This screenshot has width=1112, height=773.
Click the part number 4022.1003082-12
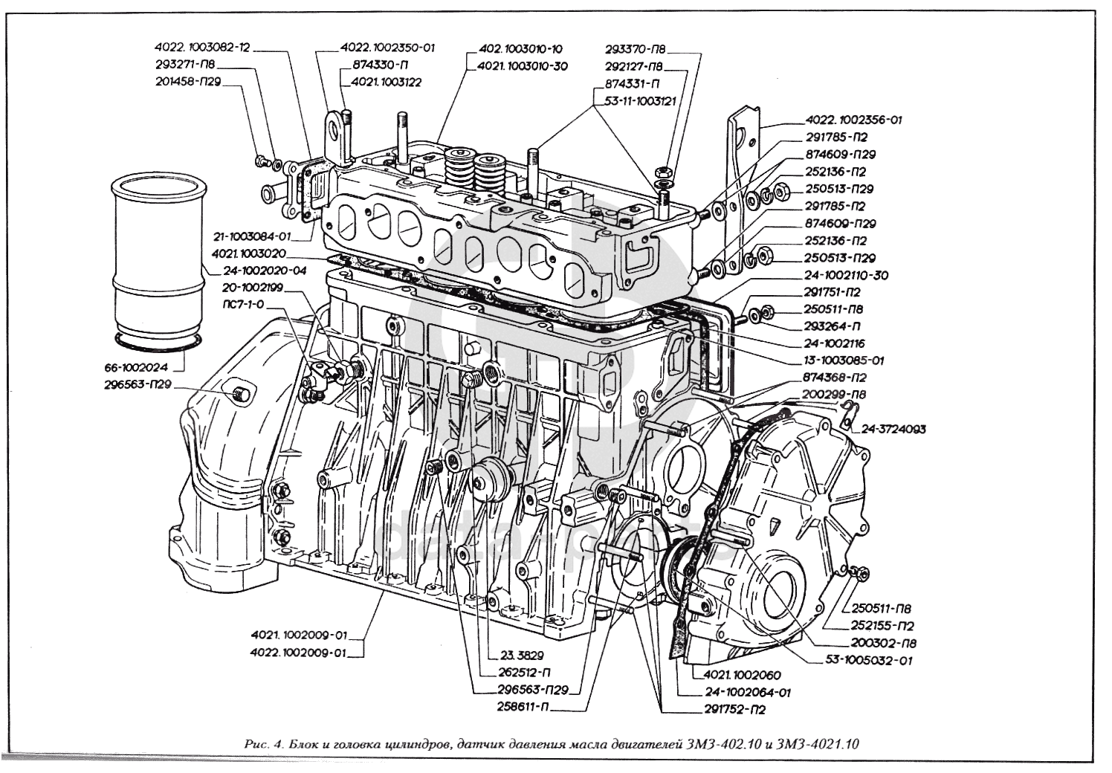point(201,48)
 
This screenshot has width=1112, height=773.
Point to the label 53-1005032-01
point(870,659)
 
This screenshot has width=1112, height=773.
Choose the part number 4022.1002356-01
point(853,120)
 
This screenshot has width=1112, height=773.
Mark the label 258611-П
point(522,702)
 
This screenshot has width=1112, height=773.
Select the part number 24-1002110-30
point(846,275)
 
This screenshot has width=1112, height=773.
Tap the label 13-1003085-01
point(843,360)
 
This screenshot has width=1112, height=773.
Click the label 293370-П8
point(636,49)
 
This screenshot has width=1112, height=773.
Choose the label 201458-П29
point(188,81)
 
